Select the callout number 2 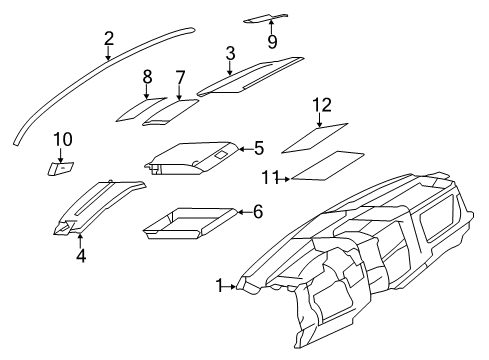108,39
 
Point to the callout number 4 80,256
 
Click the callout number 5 258,148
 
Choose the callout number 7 180,77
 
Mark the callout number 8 146,76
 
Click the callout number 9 271,40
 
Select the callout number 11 267,179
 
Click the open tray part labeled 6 187,223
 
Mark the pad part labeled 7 170,110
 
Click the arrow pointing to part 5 243,149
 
